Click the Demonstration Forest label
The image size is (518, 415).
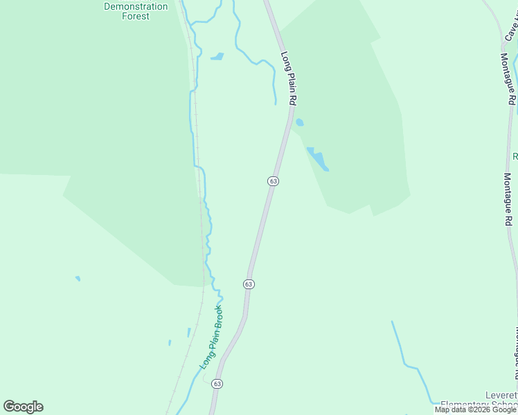coord(136,11)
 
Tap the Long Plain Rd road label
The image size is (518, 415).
coord(288,78)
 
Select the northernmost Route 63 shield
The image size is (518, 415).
coord(273,181)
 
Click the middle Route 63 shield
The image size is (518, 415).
coord(249,284)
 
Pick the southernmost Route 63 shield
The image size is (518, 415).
coord(217,384)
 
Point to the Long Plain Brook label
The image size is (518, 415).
coord(211,337)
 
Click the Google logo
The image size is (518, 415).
coord(23,407)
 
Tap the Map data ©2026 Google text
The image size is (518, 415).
coord(475,410)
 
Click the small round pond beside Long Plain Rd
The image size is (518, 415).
coord(299,122)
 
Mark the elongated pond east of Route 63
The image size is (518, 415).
coord(318,158)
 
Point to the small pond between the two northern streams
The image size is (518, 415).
coord(217,57)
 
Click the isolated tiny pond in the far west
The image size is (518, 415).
coord(78,279)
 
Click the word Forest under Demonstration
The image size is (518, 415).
coord(136,16)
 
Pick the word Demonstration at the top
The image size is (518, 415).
coord(136,6)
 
